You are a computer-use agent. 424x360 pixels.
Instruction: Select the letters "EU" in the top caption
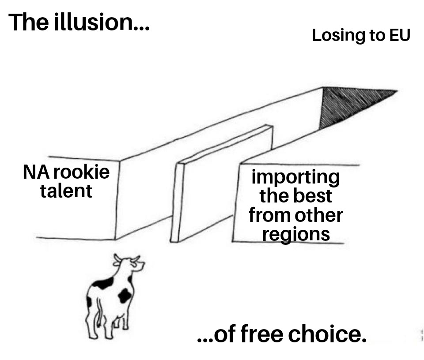400,35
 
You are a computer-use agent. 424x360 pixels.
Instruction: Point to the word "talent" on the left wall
66,191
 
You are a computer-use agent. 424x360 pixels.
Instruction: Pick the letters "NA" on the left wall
38,172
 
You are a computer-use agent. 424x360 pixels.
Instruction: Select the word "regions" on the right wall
295,234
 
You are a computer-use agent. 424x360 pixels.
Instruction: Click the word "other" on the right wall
320,215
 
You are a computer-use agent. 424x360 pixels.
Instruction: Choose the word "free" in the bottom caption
262,334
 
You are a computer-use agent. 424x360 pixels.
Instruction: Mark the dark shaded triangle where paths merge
349,104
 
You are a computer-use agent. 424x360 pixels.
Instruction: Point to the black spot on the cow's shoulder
103,284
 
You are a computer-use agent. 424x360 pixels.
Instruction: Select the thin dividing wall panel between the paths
221,185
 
